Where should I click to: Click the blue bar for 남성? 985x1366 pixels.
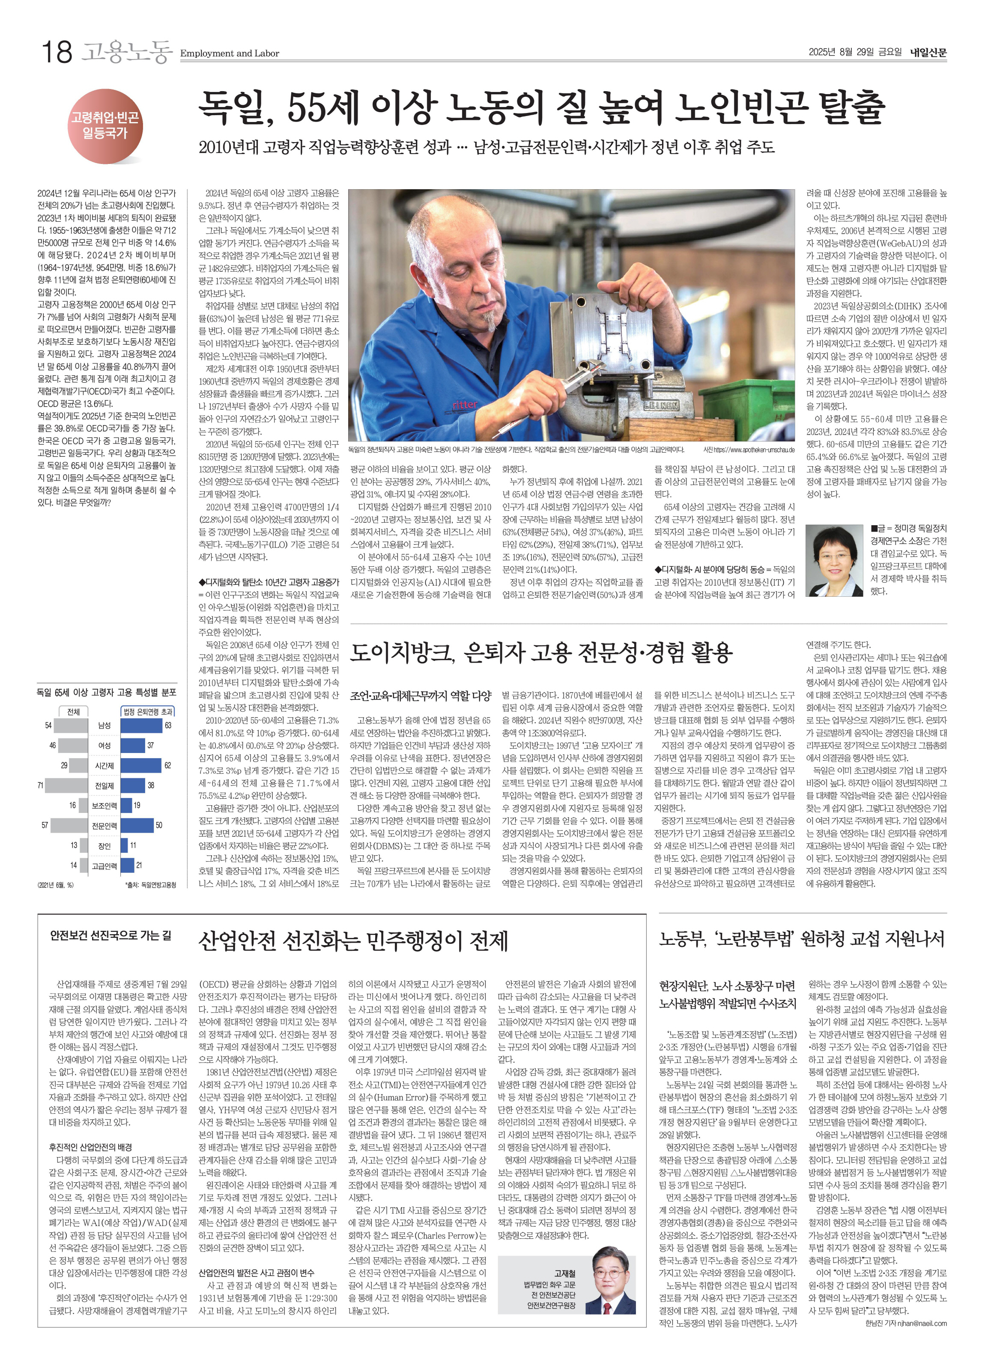pyautogui.click(x=142, y=725)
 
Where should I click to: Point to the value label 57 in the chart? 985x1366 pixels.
pyautogui.click(x=45, y=825)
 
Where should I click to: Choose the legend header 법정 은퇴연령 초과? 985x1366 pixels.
pyautogui.click(x=148, y=711)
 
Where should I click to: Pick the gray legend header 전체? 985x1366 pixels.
pyautogui.click(x=74, y=711)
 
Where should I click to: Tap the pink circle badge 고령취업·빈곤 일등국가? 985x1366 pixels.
pyautogui.click(x=105, y=125)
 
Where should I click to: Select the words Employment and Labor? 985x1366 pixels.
pyautogui.click(x=230, y=54)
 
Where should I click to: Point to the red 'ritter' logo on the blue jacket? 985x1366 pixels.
pyautogui.click(x=465, y=404)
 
